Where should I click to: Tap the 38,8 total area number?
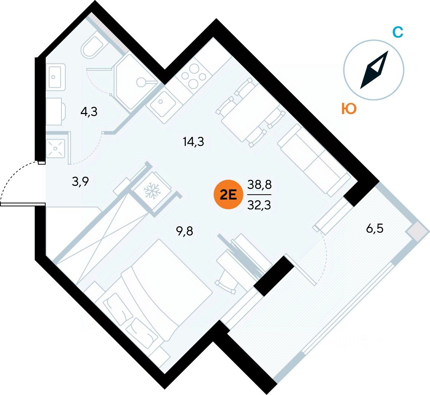[259, 185]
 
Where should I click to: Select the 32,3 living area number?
[259, 205]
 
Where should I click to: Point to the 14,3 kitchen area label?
[193, 142]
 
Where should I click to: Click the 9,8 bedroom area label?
[185, 232]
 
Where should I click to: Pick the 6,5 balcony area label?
[375, 228]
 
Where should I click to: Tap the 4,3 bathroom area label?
[89, 112]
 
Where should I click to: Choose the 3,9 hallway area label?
[80, 181]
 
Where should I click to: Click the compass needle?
[374, 70]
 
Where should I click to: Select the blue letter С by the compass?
[398, 32]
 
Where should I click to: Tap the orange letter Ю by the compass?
[349, 109]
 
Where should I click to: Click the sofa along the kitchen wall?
[314, 160]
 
